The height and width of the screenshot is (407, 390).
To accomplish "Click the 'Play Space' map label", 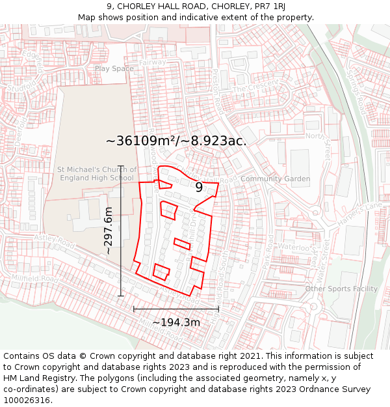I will [114, 68].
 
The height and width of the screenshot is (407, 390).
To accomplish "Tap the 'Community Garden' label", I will [275, 178].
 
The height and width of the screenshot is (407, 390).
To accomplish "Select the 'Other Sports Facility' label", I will [341, 288].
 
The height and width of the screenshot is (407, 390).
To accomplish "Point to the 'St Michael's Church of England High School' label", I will [96, 174].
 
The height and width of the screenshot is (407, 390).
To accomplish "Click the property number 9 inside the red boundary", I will [199, 187].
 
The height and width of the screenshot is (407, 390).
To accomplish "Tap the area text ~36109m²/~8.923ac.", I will [175, 141].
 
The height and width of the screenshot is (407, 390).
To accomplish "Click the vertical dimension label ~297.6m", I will [109, 231].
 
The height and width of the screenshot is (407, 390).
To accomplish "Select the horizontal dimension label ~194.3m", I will [176, 322].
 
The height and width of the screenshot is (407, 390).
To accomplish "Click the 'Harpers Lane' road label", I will [360, 215].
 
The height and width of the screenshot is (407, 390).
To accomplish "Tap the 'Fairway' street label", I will [153, 63].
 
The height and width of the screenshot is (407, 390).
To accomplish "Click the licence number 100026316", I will [27, 400].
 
